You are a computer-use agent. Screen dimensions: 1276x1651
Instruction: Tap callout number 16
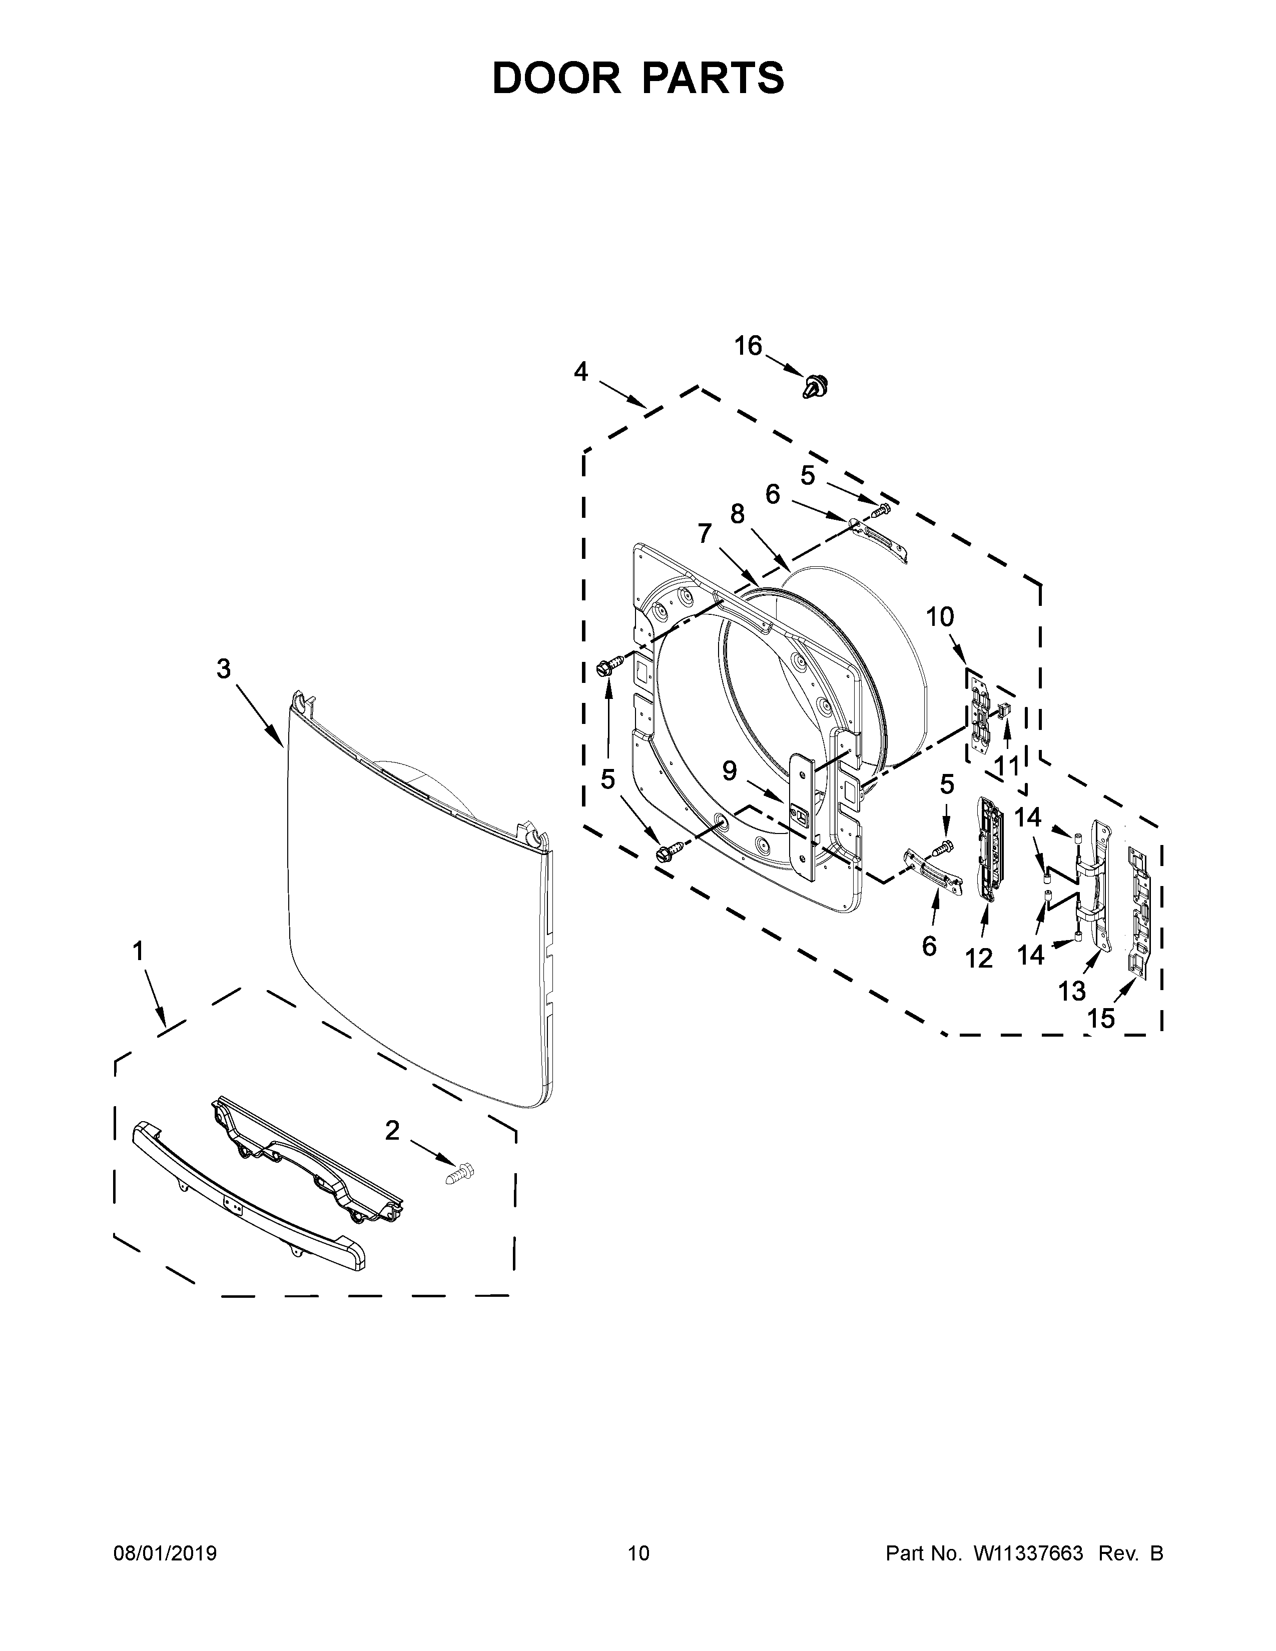pyautogui.click(x=749, y=346)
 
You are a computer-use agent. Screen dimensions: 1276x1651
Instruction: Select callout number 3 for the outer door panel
pyautogui.click(x=224, y=668)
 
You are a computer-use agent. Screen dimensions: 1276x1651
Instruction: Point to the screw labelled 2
pyautogui.click(x=460, y=1173)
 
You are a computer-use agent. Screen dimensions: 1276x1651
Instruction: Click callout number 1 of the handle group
pyautogui.click(x=138, y=951)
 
